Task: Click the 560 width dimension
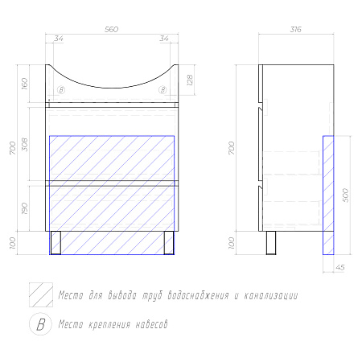pyautogui.click(x=111, y=29)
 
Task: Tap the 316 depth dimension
pyautogui.click(x=296, y=29)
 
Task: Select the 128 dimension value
pyautogui.click(x=190, y=80)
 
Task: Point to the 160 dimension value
pyautogui.click(x=24, y=84)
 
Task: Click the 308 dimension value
pyautogui.click(x=24, y=145)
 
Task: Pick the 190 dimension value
pyautogui.click(x=24, y=208)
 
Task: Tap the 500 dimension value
pyautogui.click(x=346, y=195)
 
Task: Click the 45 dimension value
pyautogui.click(x=340, y=267)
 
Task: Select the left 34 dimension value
pyautogui.click(x=59, y=39)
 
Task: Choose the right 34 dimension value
pyautogui.click(x=164, y=39)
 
